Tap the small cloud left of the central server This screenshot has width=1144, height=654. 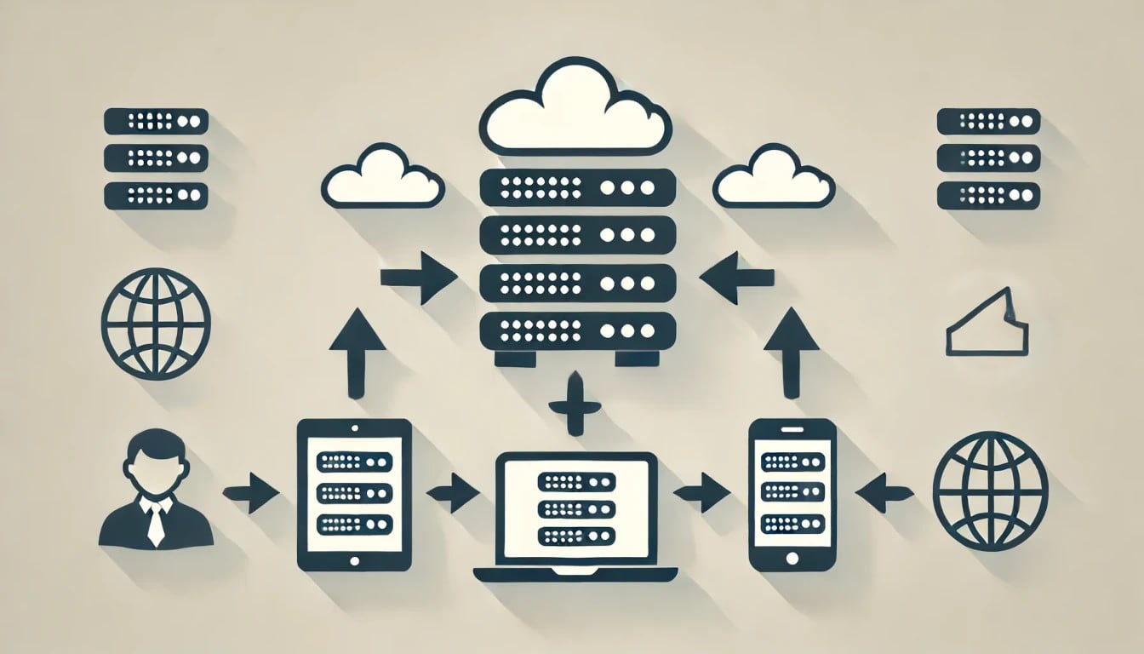(x=382, y=178)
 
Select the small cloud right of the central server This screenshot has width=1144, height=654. (x=773, y=178)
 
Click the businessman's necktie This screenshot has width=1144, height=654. (x=155, y=523)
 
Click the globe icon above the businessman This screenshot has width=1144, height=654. (x=155, y=324)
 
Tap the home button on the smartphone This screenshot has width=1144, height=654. (x=792, y=558)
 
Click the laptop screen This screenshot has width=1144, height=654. (x=577, y=506)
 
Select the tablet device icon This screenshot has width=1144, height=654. (x=354, y=494)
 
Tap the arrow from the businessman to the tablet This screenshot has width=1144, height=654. (x=251, y=492)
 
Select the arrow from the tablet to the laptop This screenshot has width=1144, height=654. (x=454, y=492)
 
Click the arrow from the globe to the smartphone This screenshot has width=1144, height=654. (x=885, y=492)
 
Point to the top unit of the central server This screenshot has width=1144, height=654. (x=577, y=186)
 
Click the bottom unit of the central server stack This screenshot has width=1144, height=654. (x=577, y=330)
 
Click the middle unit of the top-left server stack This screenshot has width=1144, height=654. (x=156, y=158)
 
